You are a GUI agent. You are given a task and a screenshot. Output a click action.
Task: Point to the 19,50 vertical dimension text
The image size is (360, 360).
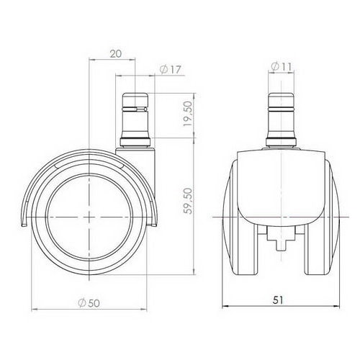coord(189,114)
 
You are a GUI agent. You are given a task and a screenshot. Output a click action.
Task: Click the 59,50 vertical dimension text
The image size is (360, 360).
coord(189,202)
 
